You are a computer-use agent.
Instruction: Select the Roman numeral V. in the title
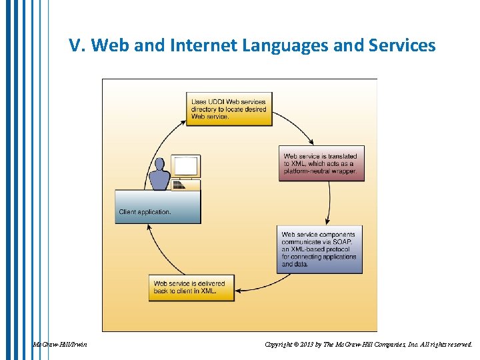click(77, 46)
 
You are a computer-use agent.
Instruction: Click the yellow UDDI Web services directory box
click(229, 109)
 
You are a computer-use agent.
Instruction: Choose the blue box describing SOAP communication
click(319, 249)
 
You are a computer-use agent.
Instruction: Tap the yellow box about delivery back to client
click(192, 287)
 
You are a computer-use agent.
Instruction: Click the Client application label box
click(158, 207)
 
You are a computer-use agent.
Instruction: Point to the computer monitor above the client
click(185, 165)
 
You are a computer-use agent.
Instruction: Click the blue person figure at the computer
click(159, 175)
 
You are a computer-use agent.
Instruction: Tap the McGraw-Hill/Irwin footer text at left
click(60, 345)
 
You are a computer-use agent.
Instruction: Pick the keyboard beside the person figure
click(179, 185)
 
